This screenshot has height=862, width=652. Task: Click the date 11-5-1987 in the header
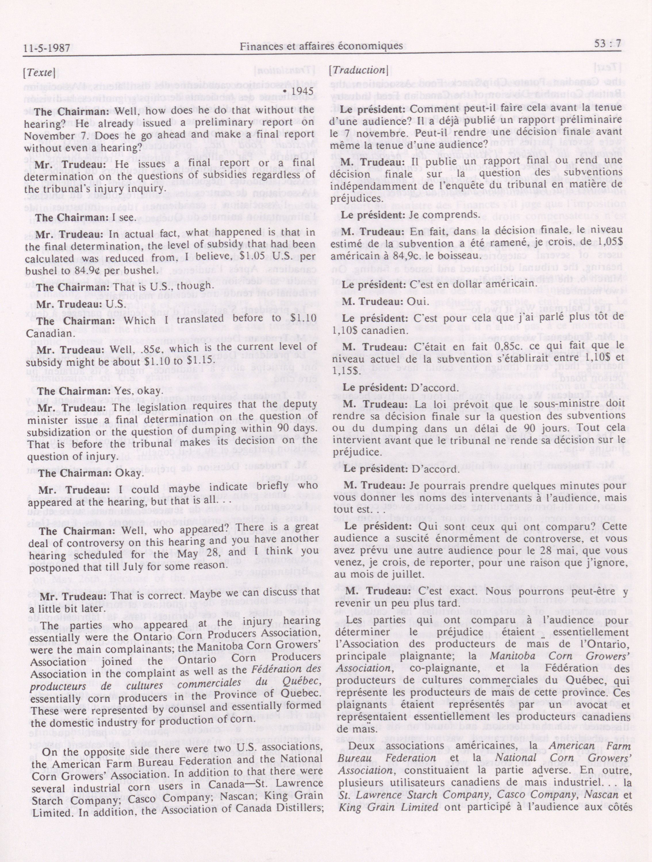coord(47,48)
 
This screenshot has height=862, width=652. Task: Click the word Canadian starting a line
coord(45,333)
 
